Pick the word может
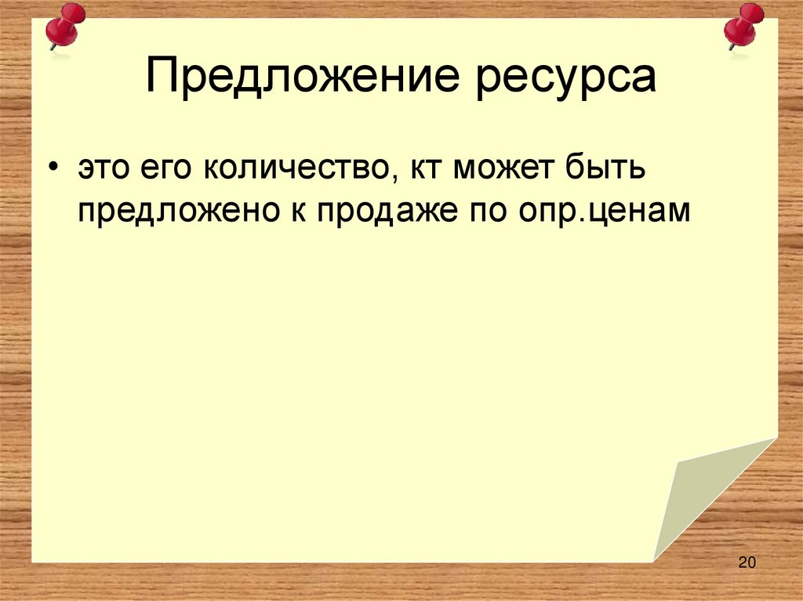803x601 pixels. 502,170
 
